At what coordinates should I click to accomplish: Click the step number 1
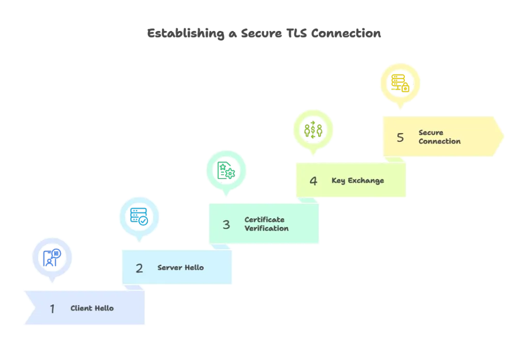(52, 308)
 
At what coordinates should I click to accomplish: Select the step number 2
(139, 268)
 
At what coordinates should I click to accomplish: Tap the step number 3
(226, 224)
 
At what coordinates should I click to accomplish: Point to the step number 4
(313, 181)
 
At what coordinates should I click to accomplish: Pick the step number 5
(400, 137)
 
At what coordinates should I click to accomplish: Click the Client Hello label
(92, 308)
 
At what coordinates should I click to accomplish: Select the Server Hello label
(180, 268)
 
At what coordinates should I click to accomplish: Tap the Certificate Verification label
(266, 224)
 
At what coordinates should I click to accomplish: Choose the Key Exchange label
(357, 181)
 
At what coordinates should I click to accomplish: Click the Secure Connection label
(439, 137)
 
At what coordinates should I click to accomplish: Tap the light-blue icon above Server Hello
(139, 215)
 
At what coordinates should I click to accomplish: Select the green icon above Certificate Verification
(226, 170)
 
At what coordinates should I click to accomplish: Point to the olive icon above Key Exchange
(313, 128)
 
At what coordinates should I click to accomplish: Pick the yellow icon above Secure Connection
(400, 84)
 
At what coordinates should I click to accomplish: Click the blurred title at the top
(264, 34)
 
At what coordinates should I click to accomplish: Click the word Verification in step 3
(266, 228)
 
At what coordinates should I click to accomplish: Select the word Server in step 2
(168, 268)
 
